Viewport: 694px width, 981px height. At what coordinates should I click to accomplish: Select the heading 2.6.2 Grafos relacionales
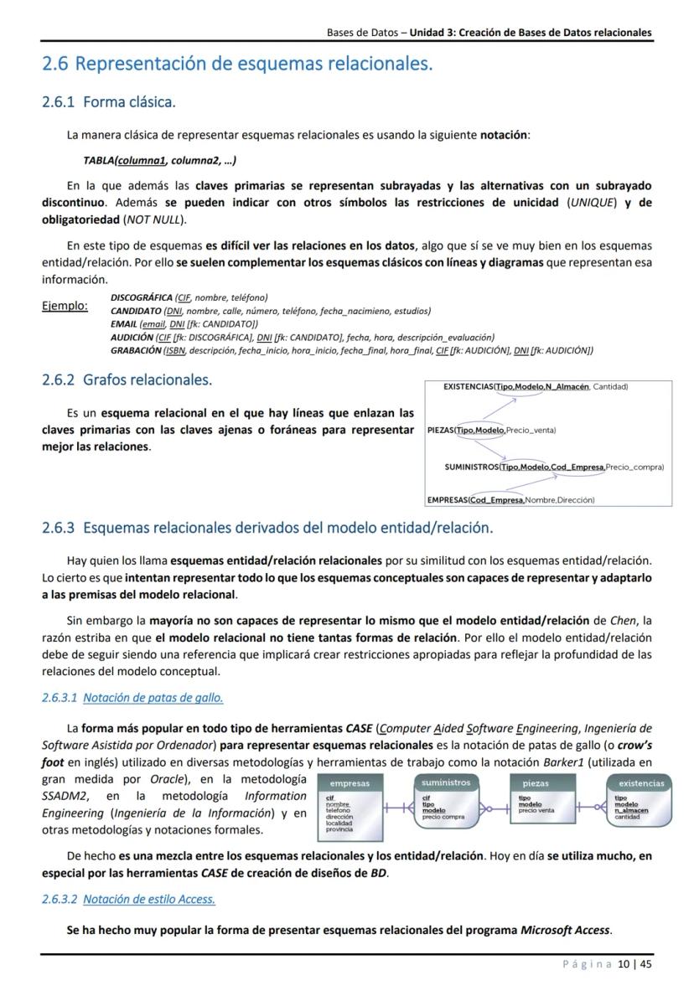(127, 379)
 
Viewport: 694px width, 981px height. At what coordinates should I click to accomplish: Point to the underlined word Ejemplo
(65, 306)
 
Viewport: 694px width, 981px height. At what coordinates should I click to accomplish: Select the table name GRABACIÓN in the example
(136, 350)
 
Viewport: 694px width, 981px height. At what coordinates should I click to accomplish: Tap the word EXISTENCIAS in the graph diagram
(468, 386)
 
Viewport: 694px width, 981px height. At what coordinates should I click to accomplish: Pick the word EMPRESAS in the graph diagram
(447, 500)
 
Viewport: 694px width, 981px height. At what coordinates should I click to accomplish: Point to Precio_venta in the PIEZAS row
(531, 431)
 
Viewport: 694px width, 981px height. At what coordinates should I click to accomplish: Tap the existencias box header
(641, 783)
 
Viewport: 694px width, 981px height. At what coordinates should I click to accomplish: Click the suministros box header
(445, 782)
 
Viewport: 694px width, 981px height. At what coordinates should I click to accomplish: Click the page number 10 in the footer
(623, 964)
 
